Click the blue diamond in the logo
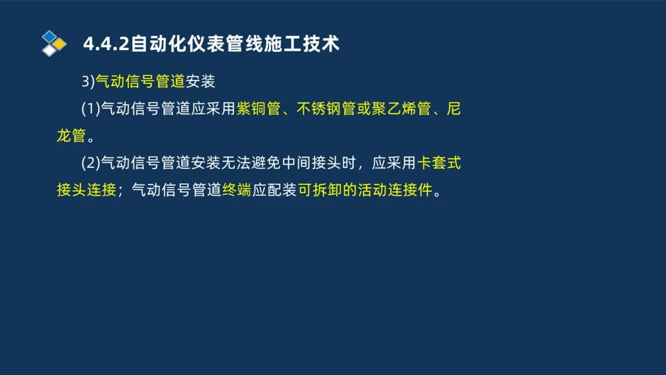click(x=49, y=36)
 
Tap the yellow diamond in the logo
click(x=60, y=43)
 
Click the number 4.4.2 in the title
click(x=105, y=44)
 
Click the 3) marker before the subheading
click(x=88, y=82)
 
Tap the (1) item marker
click(x=91, y=109)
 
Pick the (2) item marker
click(x=91, y=163)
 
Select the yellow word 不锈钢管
click(x=325, y=109)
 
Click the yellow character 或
click(x=363, y=109)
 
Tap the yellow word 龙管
click(x=71, y=137)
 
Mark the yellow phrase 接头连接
click(x=87, y=190)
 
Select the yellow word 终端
click(x=236, y=190)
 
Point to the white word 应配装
click(x=274, y=190)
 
